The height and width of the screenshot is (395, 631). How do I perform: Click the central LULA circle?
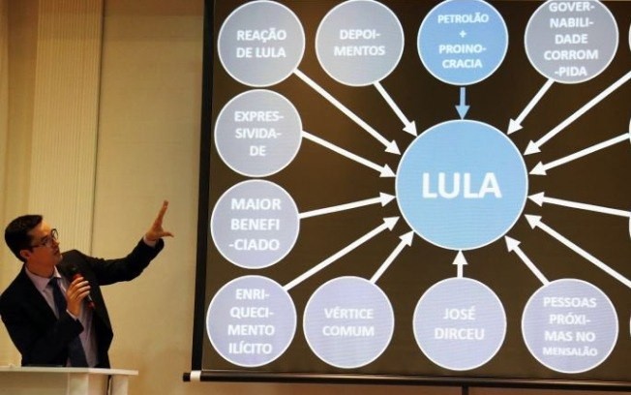(462, 185)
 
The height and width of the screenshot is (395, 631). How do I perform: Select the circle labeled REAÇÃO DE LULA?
(261, 43)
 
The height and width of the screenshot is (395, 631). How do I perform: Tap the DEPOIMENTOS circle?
(359, 42)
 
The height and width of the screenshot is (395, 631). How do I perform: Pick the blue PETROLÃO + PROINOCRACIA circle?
(463, 41)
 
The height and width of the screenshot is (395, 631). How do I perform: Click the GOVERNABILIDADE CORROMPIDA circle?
(571, 40)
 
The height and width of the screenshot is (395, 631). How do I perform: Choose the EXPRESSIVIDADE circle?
(258, 133)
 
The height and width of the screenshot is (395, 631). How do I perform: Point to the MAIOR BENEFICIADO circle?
(255, 224)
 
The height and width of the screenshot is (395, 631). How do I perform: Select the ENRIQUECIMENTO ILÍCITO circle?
(252, 320)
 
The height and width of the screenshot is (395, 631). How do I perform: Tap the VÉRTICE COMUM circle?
(348, 322)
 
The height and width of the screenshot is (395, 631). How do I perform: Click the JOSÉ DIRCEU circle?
(460, 323)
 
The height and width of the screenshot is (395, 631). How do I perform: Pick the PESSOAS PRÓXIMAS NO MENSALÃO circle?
(570, 325)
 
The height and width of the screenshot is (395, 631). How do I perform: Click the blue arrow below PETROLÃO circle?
(463, 103)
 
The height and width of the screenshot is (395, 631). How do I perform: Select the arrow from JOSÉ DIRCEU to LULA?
(460, 264)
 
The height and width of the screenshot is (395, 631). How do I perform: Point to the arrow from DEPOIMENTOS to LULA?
(395, 109)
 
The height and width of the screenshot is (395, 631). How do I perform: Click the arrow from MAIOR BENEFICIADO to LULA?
(347, 206)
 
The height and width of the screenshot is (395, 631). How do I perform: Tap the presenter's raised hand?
(159, 224)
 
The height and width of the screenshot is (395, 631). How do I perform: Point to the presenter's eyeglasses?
(46, 239)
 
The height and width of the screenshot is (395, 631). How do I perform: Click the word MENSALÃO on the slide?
(570, 351)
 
